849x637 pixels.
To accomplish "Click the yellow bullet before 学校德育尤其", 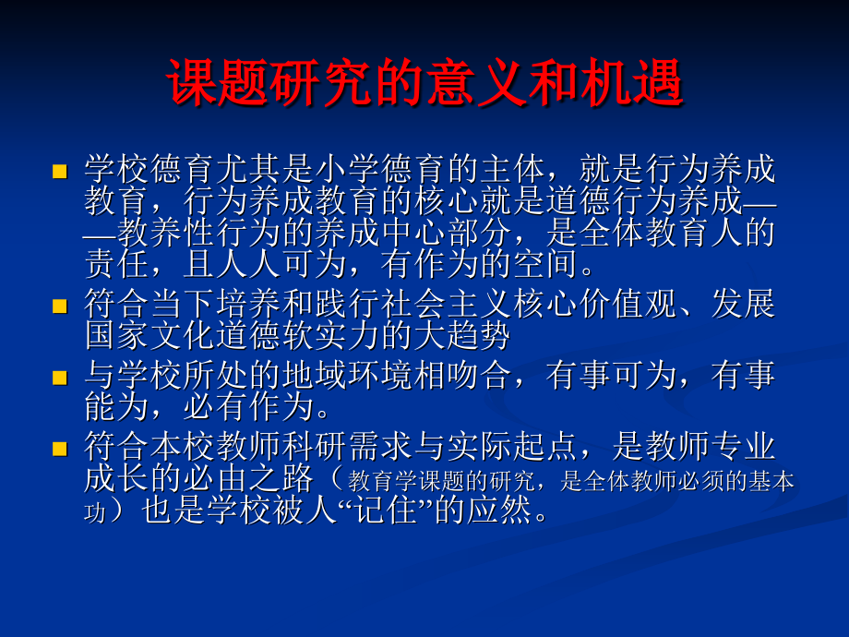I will (60, 171).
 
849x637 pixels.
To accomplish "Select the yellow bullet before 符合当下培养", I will (60, 305).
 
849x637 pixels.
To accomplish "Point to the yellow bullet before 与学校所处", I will (60, 377).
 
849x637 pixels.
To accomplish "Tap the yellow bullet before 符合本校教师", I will (60, 450).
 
